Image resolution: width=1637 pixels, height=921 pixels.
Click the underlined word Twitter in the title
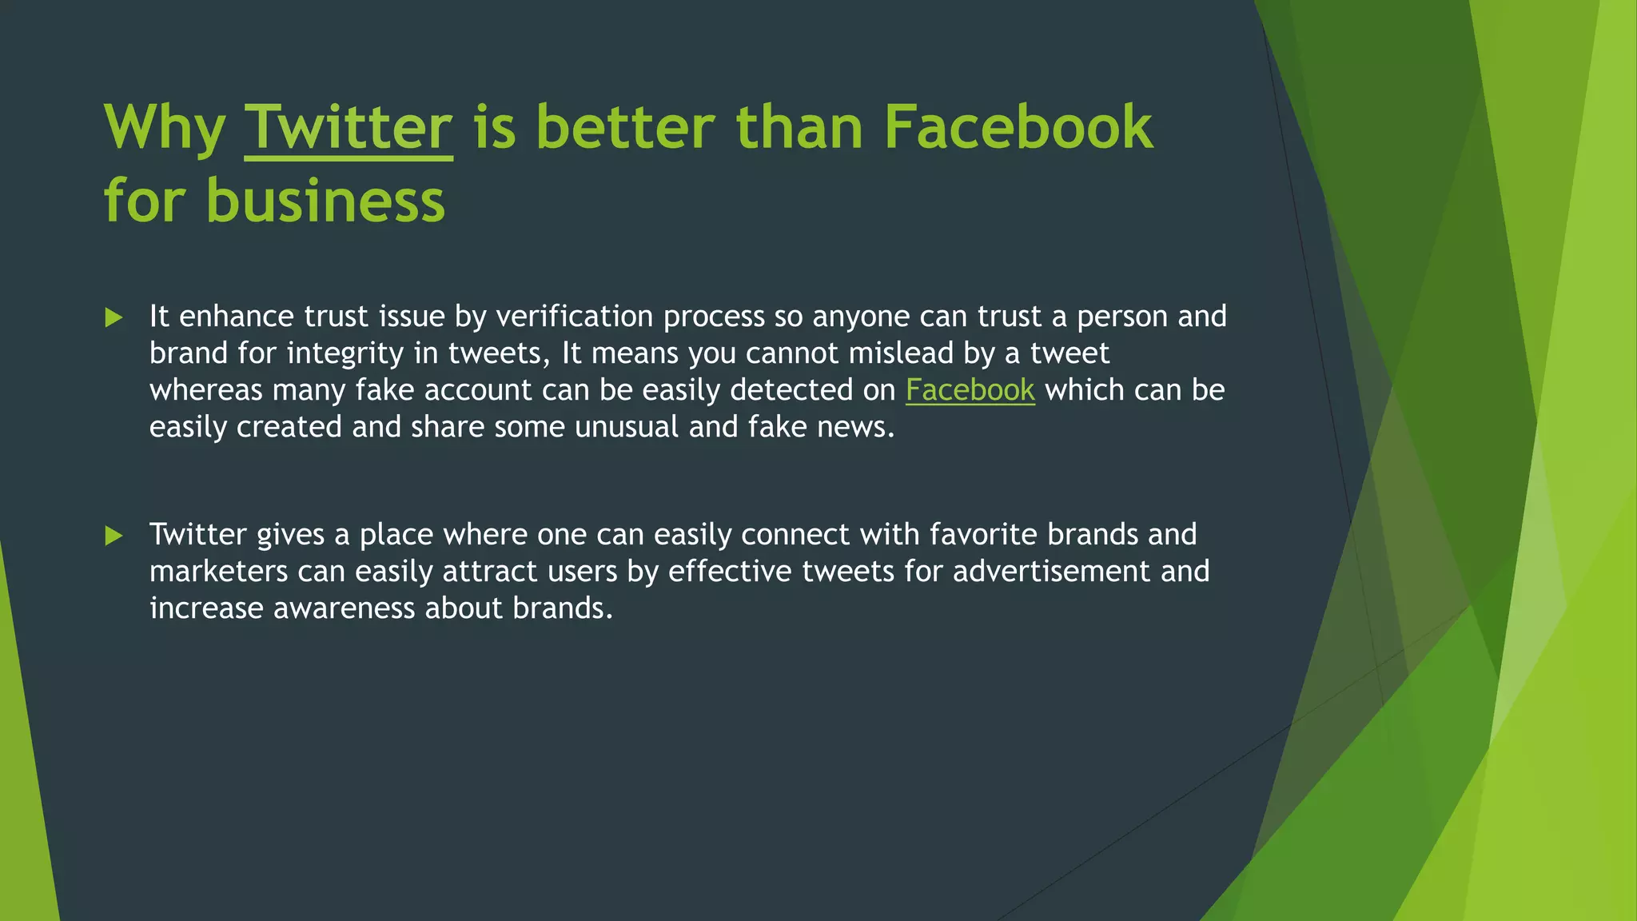(349, 128)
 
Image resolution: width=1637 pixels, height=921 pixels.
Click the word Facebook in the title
(1018, 128)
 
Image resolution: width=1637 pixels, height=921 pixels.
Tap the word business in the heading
(325, 201)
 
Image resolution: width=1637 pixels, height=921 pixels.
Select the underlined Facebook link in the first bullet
(970, 390)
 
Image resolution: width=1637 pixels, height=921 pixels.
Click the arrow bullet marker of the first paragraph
(114, 318)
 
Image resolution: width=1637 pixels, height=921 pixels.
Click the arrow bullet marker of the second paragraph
(114, 536)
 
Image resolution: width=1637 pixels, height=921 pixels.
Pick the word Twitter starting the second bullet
(197, 534)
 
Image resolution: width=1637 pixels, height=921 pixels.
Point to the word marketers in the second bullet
(218, 572)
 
